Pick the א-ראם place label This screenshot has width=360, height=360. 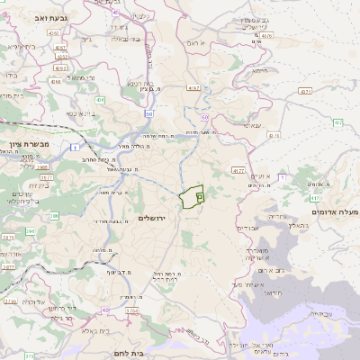click(x=198, y=42)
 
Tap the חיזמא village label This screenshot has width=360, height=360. click(x=261, y=70)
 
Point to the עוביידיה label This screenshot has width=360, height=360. click(x=319, y=313)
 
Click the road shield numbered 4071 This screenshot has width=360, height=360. click(x=306, y=91)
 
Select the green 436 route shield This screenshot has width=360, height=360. click(x=101, y=100)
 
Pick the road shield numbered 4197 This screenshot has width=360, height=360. click(x=193, y=88)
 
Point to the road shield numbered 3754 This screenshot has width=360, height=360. click(x=131, y=311)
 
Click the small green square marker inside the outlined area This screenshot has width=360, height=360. click(x=200, y=195)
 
